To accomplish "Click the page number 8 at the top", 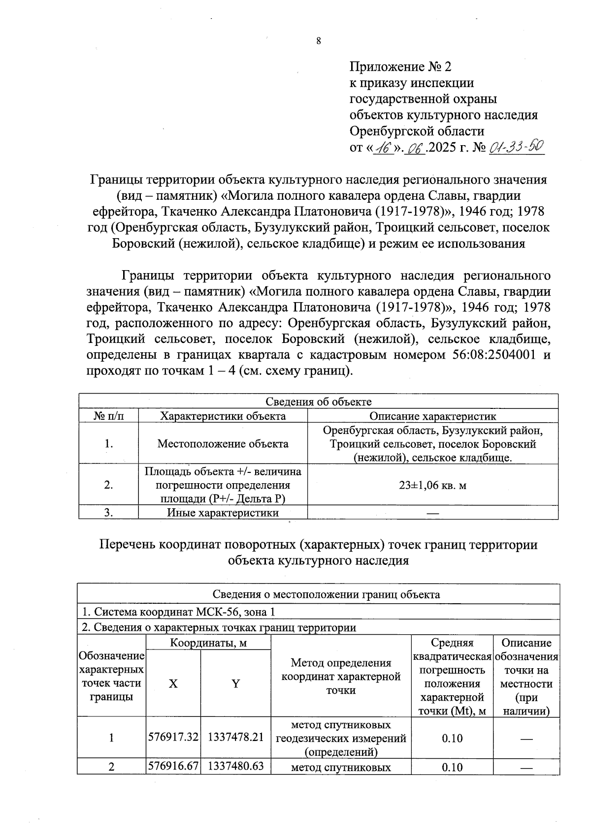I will pos(319,41).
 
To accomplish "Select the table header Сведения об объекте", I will pos(318,402).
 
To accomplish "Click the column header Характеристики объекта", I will pos(223,416).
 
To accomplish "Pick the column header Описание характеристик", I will pos(432,416).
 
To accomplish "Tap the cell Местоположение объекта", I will pos(223,444).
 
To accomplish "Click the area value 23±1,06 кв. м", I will pos(432,485).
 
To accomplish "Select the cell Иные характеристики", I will pos(223,513).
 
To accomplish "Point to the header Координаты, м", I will pos(208,643).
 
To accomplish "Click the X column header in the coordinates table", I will pos(173,683).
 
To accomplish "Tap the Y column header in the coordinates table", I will pos(236,683).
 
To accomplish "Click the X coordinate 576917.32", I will pos(173,738).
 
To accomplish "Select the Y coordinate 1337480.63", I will pos(236,767).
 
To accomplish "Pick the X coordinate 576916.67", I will pos(173,767).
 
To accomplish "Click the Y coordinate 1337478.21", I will pos(236,738).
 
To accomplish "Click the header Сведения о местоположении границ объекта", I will pos(318,594).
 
